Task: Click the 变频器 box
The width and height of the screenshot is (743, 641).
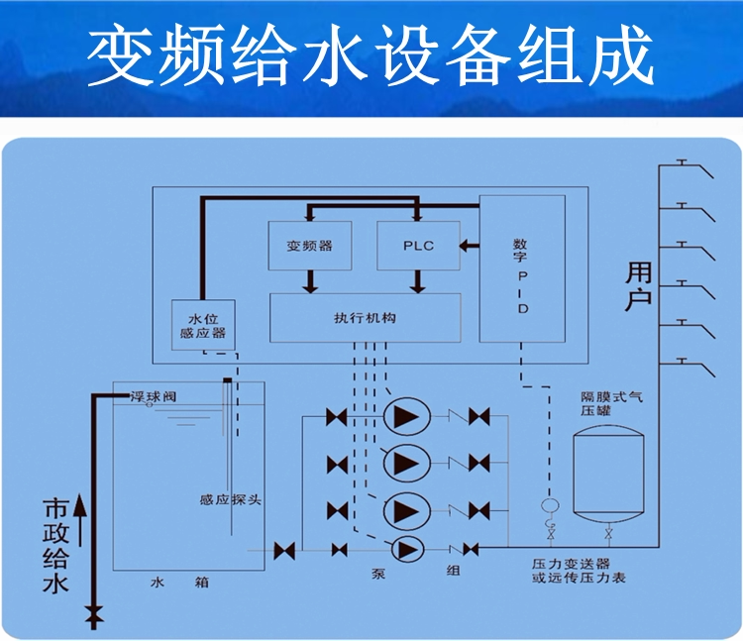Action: click(309, 247)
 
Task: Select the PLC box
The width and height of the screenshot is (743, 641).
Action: click(418, 247)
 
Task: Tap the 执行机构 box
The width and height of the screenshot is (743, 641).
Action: click(366, 318)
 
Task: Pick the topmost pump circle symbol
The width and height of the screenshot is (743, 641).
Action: click(406, 418)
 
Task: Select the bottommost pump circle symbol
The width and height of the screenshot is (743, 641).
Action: click(407, 549)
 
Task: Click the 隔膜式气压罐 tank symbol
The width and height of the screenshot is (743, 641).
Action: click(608, 474)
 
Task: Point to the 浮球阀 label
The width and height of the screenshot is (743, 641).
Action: click(153, 396)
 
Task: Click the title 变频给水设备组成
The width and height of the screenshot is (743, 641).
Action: click(371, 57)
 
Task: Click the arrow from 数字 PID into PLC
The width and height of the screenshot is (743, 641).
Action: click(470, 245)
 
